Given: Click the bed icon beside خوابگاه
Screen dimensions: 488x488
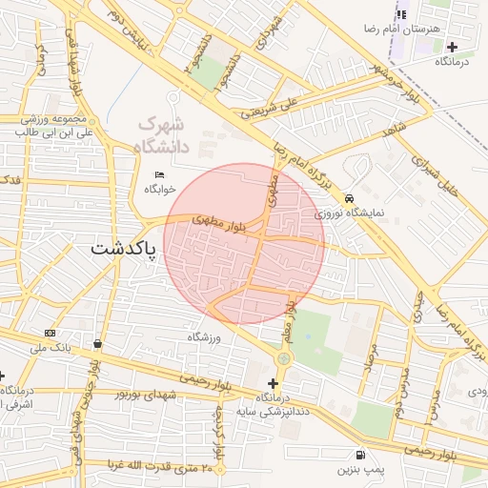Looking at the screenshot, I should [159, 174].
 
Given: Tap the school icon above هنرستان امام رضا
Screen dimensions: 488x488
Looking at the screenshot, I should [401, 14].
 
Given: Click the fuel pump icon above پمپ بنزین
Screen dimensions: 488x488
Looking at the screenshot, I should [359, 456].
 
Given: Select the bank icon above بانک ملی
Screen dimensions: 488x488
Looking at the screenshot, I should [50, 333].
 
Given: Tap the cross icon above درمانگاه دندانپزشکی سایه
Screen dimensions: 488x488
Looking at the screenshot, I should [273, 382].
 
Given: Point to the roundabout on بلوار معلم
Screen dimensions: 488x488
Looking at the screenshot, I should [283, 358].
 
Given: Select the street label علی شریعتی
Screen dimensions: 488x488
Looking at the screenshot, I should [271, 112].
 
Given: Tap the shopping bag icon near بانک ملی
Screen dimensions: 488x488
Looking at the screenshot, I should [98, 343].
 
